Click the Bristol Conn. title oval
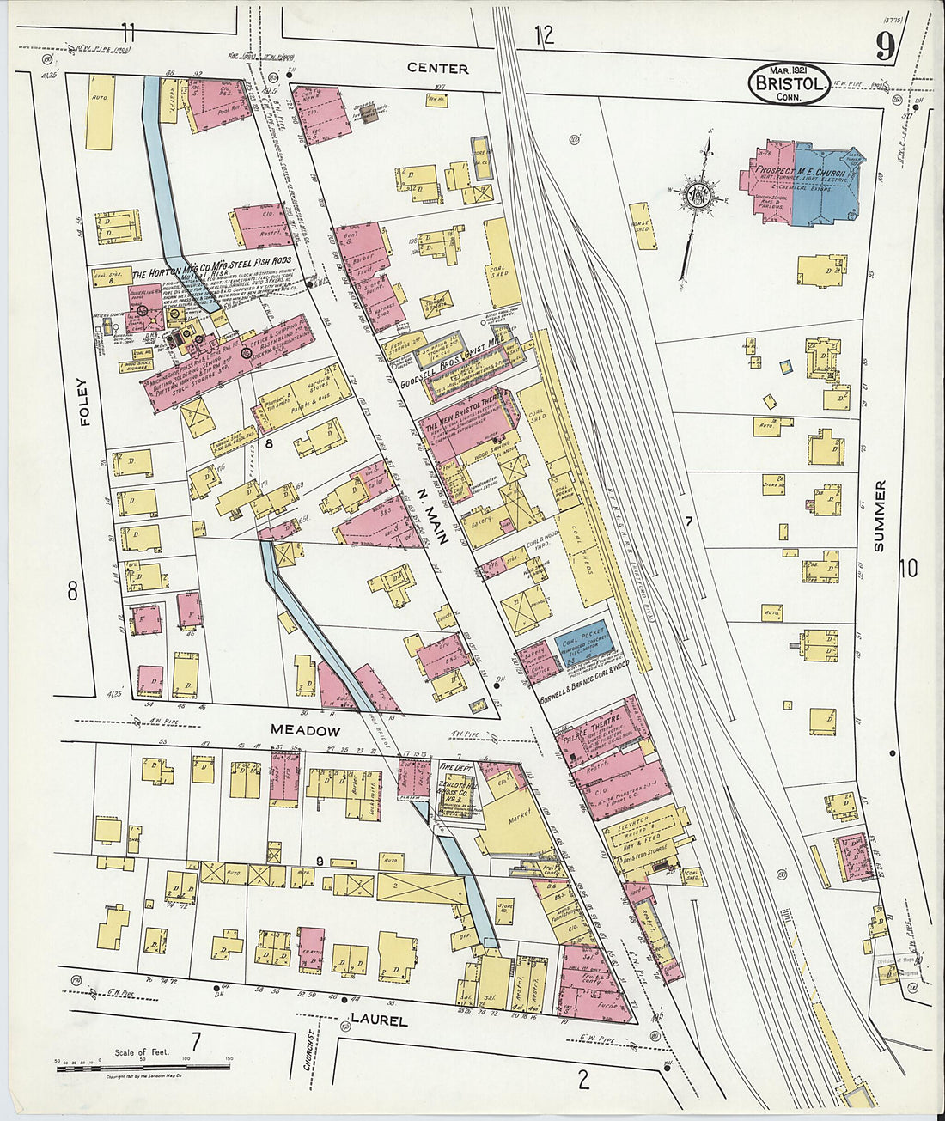(790, 83)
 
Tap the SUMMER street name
(879, 515)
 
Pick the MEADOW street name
(305, 730)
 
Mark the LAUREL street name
(378, 1021)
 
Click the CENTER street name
(437, 68)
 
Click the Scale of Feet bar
(142, 1066)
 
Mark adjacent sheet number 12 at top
(543, 35)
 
